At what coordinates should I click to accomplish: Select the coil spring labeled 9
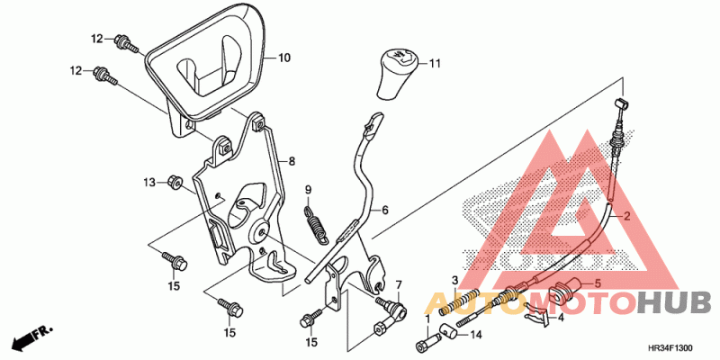[317, 224]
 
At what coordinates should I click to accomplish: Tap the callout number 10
[284, 58]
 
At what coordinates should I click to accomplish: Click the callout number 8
[292, 162]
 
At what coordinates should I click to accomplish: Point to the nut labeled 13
[174, 183]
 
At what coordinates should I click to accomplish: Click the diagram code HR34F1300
[670, 348]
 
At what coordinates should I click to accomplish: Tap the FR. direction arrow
[32, 336]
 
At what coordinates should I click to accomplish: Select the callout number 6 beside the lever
[385, 211]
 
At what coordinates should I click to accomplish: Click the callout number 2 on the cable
[626, 215]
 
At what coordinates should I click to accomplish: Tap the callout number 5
[598, 283]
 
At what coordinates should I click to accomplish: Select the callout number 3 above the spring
[454, 280]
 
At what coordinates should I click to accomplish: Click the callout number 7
[398, 284]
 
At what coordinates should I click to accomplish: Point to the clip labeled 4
[537, 314]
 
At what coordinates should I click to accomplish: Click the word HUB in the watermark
[673, 303]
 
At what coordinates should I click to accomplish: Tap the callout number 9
[309, 189]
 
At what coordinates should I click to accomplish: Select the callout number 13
[150, 183]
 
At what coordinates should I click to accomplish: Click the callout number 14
[476, 335]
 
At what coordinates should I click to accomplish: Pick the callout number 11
[434, 64]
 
